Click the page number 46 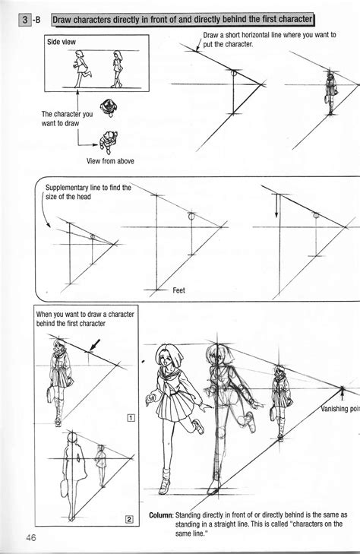point(30,538)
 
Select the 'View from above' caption point(109,160)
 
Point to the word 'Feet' point(179,290)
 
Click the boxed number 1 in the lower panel point(131,416)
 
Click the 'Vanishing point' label point(339,409)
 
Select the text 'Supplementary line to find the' point(88,187)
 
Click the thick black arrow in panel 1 point(94,347)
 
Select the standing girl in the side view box point(118,69)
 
